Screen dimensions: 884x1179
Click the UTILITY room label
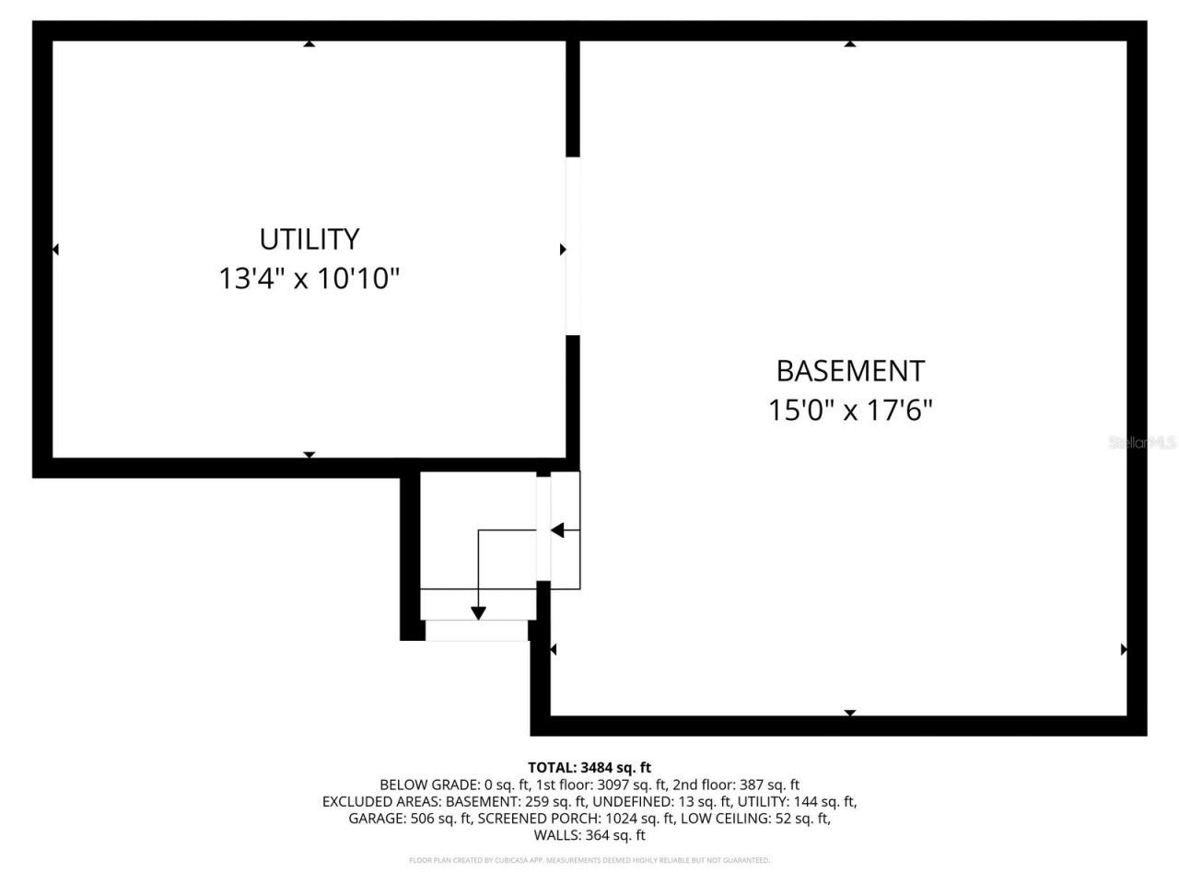click(309, 239)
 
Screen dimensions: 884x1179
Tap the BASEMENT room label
click(850, 370)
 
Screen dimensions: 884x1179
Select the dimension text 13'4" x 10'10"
click(309, 278)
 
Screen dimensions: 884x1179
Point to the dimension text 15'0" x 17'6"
click(850, 410)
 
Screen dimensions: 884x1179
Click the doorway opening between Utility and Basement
click(573, 246)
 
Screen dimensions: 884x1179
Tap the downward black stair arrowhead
click(478, 612)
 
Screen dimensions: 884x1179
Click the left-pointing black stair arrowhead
click(557, 530)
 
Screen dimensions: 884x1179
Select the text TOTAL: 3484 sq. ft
click(589, 767)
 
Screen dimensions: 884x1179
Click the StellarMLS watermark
click(1142, 443)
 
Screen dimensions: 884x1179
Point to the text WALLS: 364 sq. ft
click(589, 836)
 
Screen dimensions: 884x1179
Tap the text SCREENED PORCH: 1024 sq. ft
click(577, 819)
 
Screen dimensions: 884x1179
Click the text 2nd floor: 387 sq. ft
click(737, 785)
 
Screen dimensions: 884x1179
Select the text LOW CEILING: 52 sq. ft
click(755, 819)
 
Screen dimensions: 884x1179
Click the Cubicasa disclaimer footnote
click(589, 860)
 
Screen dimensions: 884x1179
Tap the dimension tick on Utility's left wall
click(56, 250)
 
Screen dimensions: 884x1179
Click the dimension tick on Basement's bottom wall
click(850, 713)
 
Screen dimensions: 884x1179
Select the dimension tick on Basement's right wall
click(1123, 649)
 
